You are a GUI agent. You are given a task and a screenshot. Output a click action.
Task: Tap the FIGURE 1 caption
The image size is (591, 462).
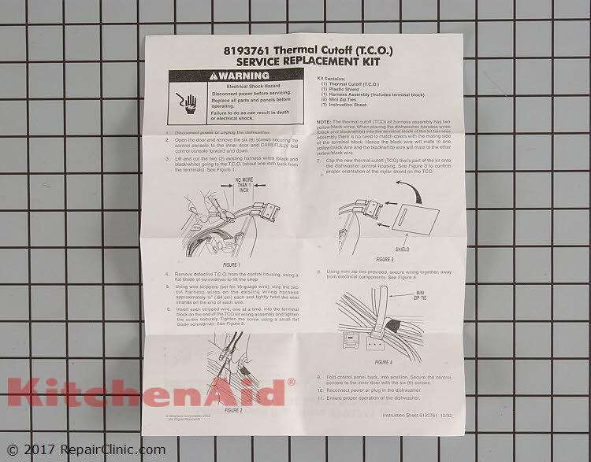point(232,265)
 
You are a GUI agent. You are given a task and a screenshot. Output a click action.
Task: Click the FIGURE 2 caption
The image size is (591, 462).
point(233,410)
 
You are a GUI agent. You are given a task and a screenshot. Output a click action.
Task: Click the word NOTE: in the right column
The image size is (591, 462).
point(324,121)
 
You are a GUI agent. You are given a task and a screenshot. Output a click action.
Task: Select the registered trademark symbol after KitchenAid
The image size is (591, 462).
point(291,382)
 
